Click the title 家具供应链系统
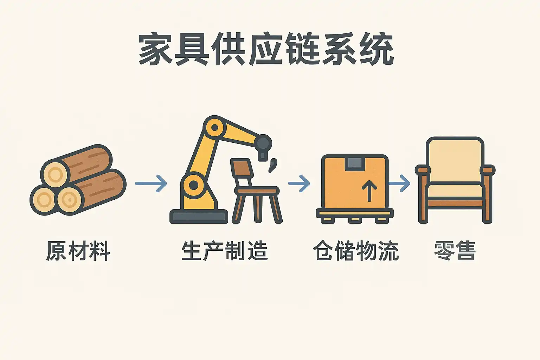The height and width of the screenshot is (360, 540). click(266, 49)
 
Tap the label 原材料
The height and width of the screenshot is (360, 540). click(78, 251)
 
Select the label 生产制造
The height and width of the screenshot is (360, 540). click(225, 251)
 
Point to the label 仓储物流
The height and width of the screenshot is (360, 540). click(356, 251)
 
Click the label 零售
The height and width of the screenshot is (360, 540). click(455, 251)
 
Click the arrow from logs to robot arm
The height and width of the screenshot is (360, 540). click(151, 184)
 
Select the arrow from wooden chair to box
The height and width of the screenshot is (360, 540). click(299, 184)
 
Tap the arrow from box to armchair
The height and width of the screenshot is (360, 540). click(399, 184)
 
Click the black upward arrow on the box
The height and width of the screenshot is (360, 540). click(369, 191)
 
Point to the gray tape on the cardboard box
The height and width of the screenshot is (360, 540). click(355, 163)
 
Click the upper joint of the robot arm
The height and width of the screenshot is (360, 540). click(214, 128)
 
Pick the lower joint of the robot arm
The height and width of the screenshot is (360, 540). click(194, 185)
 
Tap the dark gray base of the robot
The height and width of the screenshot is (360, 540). click(199, 216)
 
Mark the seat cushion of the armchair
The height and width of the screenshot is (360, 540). click(455, 191)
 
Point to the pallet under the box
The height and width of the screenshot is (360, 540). click(355, 216)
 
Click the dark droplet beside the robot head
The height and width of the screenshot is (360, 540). click(273, 166)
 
